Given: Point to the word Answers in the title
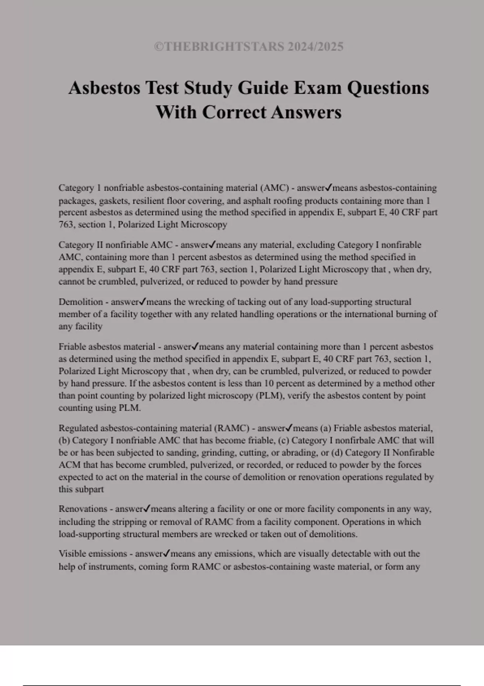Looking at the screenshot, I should coord(306,112).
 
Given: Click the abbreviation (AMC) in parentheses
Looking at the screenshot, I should coord(274,188).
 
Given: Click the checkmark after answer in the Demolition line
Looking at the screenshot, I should coord(143,302).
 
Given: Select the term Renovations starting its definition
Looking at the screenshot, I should coord(83,509).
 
